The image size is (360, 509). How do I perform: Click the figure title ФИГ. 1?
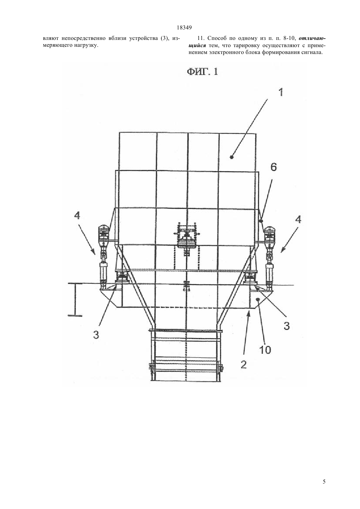202,72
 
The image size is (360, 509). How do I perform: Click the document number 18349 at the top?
184,28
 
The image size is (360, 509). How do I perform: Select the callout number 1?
281,92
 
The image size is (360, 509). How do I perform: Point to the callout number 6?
273,167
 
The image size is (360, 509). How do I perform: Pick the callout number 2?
243,365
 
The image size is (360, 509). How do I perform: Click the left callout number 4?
77,215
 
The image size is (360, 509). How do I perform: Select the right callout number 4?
298,219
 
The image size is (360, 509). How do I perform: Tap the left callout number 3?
96,335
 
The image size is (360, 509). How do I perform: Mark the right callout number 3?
287,326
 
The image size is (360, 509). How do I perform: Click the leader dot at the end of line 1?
232,157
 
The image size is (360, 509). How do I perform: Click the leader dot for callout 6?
261,220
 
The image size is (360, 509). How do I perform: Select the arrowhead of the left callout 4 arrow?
93,252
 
